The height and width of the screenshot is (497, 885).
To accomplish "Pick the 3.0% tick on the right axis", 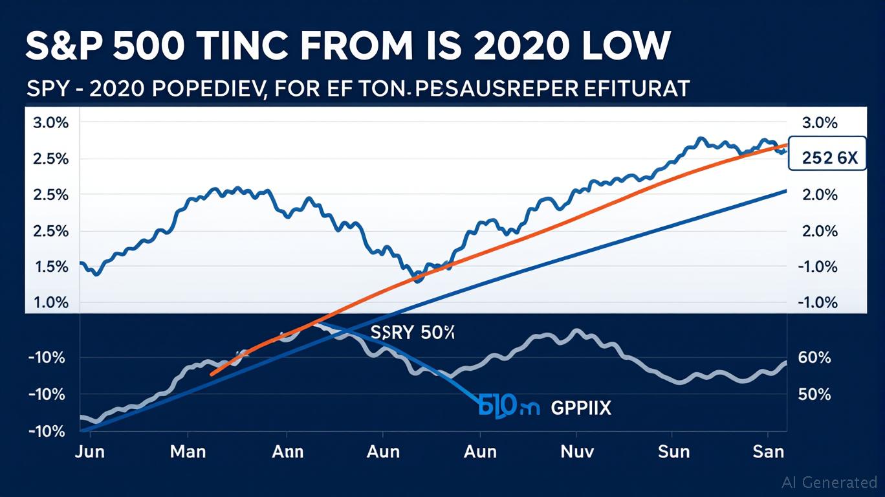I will (819, 123).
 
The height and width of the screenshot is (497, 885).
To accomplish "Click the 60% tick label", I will (816, 358).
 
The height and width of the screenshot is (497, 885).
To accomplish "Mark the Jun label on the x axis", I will (89, 451).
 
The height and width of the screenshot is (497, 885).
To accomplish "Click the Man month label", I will (188, 451).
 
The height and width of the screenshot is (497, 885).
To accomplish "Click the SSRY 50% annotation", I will (413, 333).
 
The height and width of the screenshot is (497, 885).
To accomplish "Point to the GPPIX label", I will (581, 408).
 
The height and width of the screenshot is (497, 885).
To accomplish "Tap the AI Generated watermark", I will (829, 482).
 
